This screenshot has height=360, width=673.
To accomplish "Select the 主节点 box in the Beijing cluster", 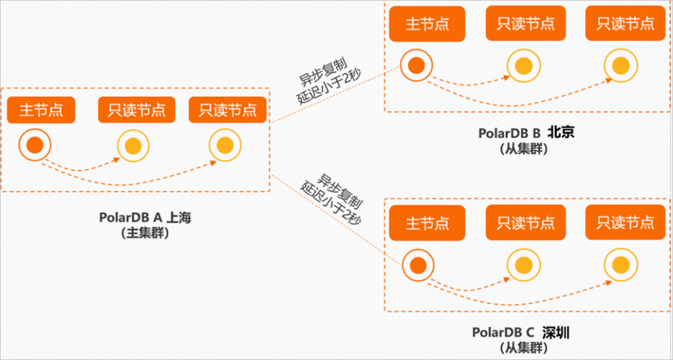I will point(427,24).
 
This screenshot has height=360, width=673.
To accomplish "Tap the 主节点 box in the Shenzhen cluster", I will point(427,222).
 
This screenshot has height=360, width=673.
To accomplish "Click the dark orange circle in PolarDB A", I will point(35,146).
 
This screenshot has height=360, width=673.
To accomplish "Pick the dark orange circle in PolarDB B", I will point(416,65).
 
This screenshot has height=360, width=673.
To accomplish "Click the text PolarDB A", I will point(130,217).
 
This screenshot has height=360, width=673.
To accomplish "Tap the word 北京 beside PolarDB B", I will point(561,133).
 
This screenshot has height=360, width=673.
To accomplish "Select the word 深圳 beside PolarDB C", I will point(556,333).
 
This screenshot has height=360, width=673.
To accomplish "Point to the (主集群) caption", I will point(145,232).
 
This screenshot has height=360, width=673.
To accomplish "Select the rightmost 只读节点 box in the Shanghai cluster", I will point(228,110).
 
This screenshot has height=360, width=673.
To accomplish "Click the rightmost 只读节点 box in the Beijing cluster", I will point(626,24).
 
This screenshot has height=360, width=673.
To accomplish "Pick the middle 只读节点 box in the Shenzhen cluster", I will point(525,222).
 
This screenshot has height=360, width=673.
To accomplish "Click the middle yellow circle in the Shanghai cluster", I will point(133,146).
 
